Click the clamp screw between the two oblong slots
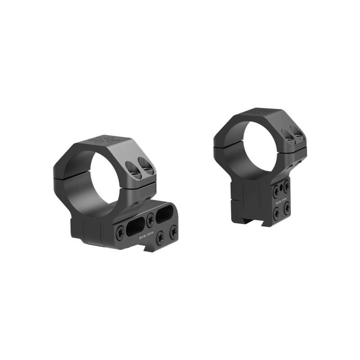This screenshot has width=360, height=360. [150, 219]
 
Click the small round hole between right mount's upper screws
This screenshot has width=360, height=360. [281, 185]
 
